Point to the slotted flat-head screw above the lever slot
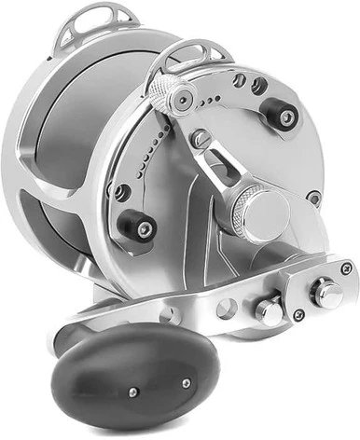pos(198,139)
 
